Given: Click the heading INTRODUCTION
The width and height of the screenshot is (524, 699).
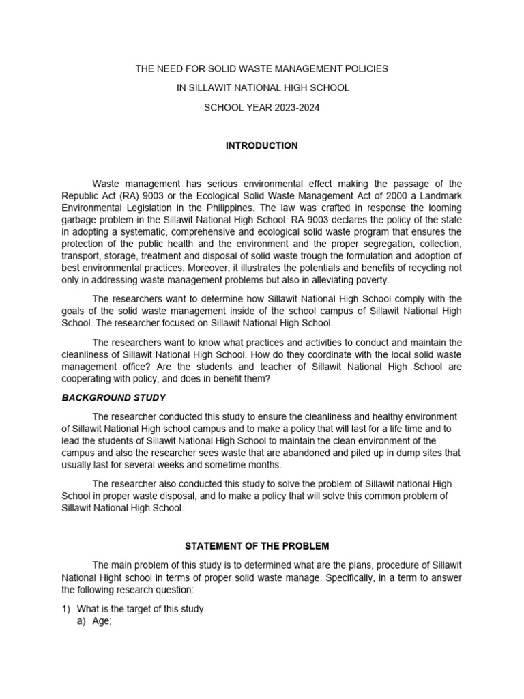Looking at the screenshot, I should click(x=262, y=145).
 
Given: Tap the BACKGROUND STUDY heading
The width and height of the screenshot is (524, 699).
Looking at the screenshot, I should click(x=114, y=397).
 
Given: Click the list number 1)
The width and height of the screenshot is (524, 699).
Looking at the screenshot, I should click(x=66, y=609).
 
